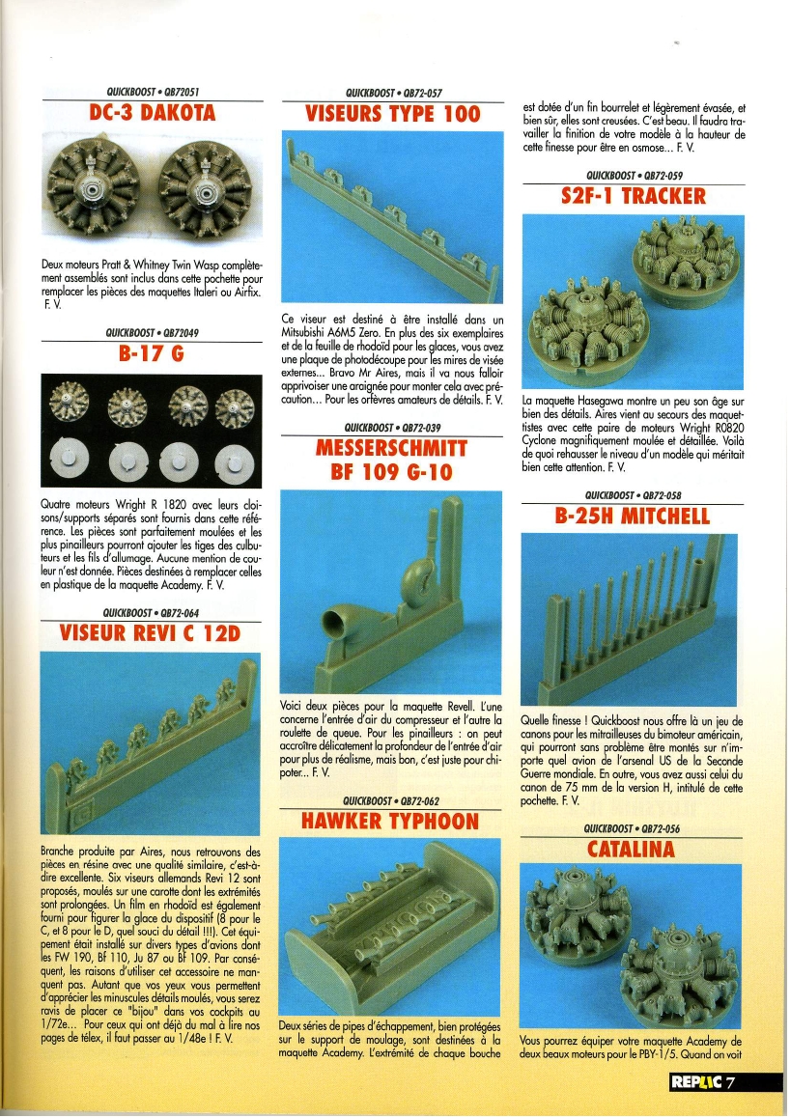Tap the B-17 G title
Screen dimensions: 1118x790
[x=152, y=353]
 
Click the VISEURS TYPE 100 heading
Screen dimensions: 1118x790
[x=392, y=114]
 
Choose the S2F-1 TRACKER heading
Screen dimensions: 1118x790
[x=634, y=197]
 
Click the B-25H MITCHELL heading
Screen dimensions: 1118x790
[x=633, y=516]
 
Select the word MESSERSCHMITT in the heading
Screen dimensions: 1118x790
[x=391, y=449]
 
